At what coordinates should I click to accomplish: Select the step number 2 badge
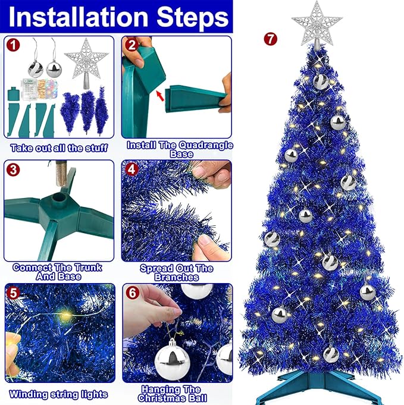[x=131, y=45]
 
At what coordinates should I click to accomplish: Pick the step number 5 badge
[x=12, y=292]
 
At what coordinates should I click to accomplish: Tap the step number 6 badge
[x=131, y=292]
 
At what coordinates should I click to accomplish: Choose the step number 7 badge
[x=271, y=40]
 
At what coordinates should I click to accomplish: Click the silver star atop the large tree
[x=317, y=23]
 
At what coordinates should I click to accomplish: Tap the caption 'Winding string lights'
[x=58, y=394]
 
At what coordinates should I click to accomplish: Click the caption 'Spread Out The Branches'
[x=176, y=272]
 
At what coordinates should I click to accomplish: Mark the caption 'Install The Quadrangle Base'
[x=180, y=149]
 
